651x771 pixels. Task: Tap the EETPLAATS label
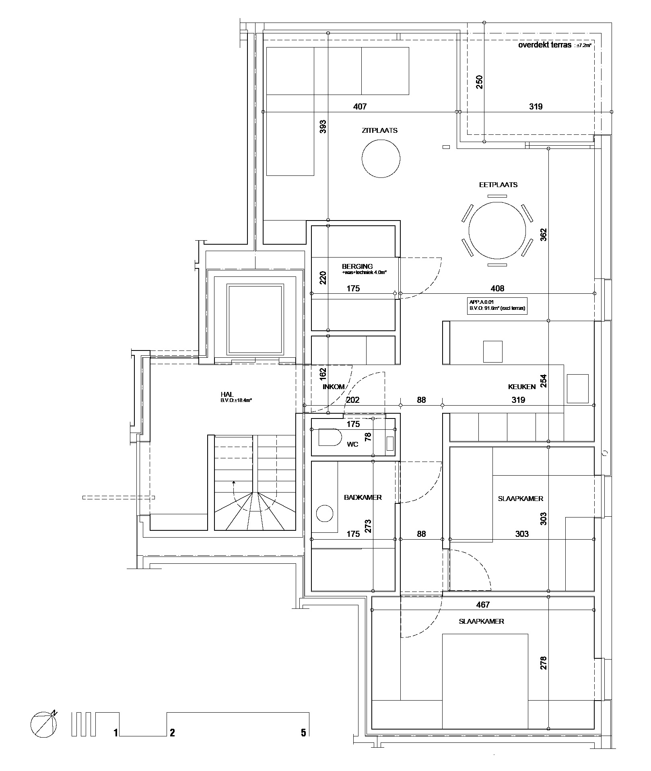pyautogui.click(x=498, y=185)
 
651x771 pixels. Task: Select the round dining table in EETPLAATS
pyautogui.click(x=497, y=231)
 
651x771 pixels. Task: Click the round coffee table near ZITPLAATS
pyautogui.click(x=381, y=158)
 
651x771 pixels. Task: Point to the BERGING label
pyautogui.click(x=357, y=266)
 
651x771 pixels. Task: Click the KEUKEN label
pyautogui.click(x=521, y=387)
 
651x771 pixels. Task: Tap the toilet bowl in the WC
pyautogui.click(x=330, y=437)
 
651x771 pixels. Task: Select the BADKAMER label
pyautogui.click(x=363, y=498)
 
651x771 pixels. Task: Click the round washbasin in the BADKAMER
pyautogui.click(x=325, y=514)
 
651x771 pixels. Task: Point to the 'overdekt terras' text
pyautogui.click(x=544, y=45)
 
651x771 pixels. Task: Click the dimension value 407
pyautogui.click(x=360, y=107)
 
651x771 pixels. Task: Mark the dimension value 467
pyautogui.click(x=483, y=605)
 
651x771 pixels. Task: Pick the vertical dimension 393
pyautogui.click(x=322, y=127)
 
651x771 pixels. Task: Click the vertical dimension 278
pyautogui.click(x=543, y=663)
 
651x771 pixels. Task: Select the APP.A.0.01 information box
pyautogui.click(x=497, y=305)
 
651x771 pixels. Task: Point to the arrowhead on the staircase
pyautogui.click(x=233, y=481)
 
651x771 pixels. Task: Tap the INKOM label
pyautogui.click(x=334, y=387)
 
